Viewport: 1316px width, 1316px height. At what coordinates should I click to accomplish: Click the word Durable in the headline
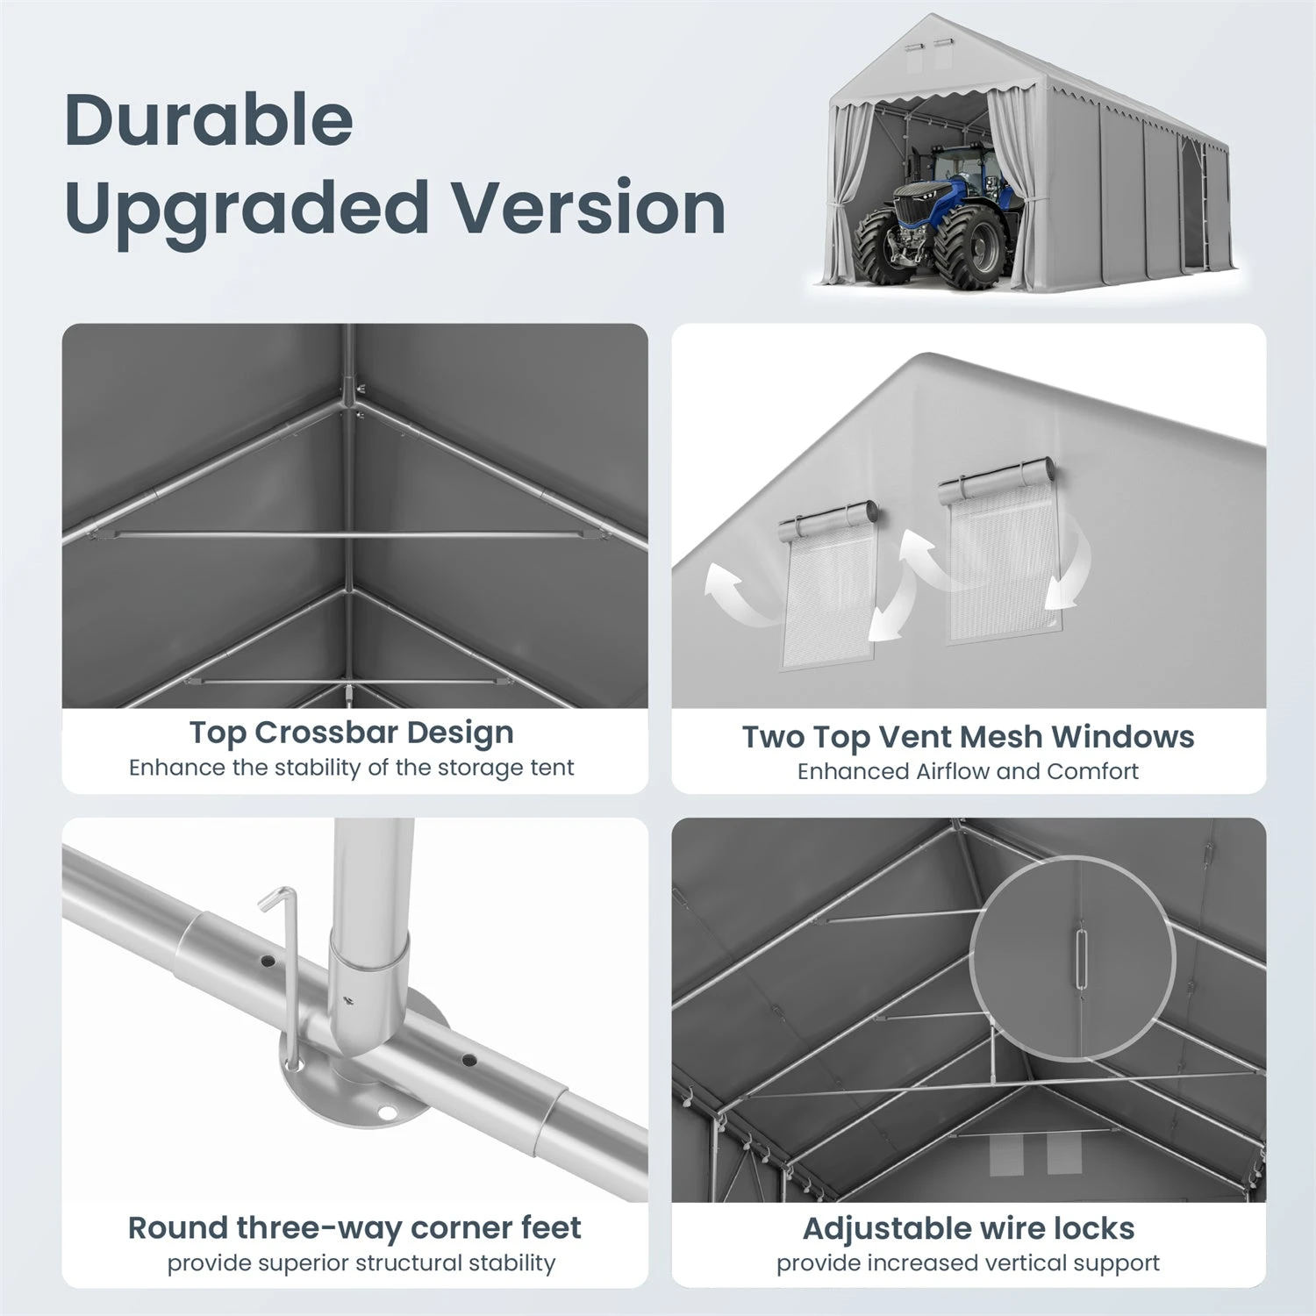209,119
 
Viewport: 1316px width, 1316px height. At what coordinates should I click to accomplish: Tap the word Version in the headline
589,207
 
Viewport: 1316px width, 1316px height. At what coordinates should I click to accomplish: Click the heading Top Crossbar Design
352,732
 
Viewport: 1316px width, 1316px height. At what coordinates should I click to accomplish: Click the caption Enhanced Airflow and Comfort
968,771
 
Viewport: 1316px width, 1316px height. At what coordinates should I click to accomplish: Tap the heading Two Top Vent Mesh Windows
968,737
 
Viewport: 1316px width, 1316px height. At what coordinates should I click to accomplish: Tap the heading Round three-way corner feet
354,1228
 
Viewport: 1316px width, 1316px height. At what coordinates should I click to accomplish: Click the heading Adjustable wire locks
969,1228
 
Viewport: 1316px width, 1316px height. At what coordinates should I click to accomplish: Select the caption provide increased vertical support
968,1263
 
